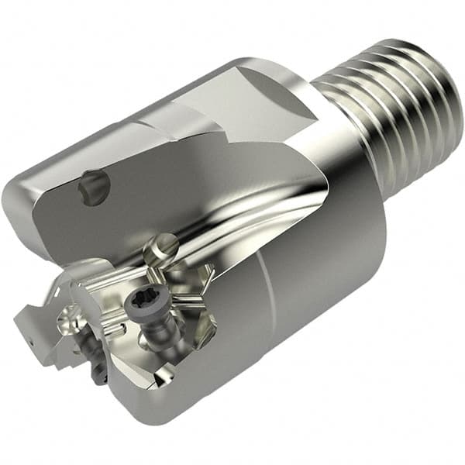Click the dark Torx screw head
(x=149, y=308)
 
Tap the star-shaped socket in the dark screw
(x=149, y=308)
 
